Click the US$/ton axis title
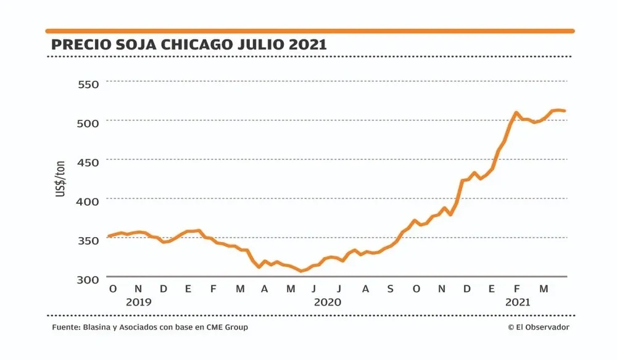pyautogui.click(x=61, y=179)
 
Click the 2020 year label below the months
pyautogui.click(x=327, y=303)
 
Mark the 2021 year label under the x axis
pyautogui.click(x=518, y=303)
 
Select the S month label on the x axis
pyautogui.click(x=390, y=288)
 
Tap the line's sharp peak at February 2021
pyautogui.click(x=516, y=113)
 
